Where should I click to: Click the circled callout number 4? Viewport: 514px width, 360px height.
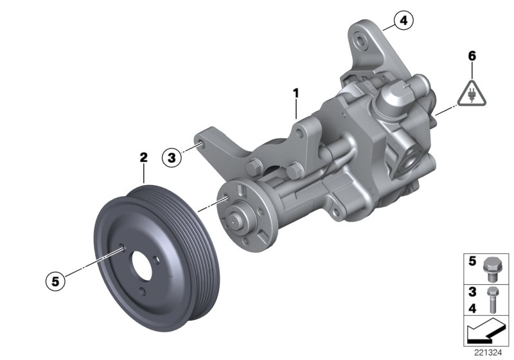403,22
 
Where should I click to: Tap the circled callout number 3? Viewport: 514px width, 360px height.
171,157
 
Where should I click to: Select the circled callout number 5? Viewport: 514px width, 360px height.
56,280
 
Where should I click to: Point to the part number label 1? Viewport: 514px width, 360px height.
296,94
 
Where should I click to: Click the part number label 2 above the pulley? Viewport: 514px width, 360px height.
144,157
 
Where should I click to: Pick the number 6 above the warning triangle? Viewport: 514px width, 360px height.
472,56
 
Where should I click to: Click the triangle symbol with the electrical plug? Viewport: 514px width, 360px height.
472,93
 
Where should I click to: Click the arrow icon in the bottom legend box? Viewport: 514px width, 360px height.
485,332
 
